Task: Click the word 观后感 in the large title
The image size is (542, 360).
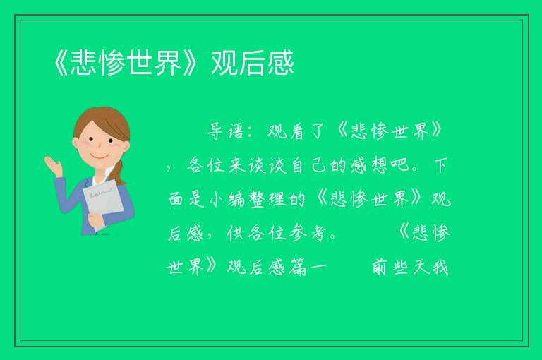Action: point(253,63)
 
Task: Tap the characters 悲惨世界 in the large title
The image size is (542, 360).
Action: point(126,63)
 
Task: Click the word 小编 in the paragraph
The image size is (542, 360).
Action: point(227,199)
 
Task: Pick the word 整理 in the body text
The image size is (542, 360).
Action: point(267,199)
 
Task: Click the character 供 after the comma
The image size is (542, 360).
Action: point(236,233)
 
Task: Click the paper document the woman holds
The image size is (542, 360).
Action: point(103,203)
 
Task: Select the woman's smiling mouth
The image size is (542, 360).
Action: point(100,156)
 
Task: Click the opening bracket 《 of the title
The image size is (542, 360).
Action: point(61,63)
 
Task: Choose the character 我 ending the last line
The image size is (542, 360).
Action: point(440,268)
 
